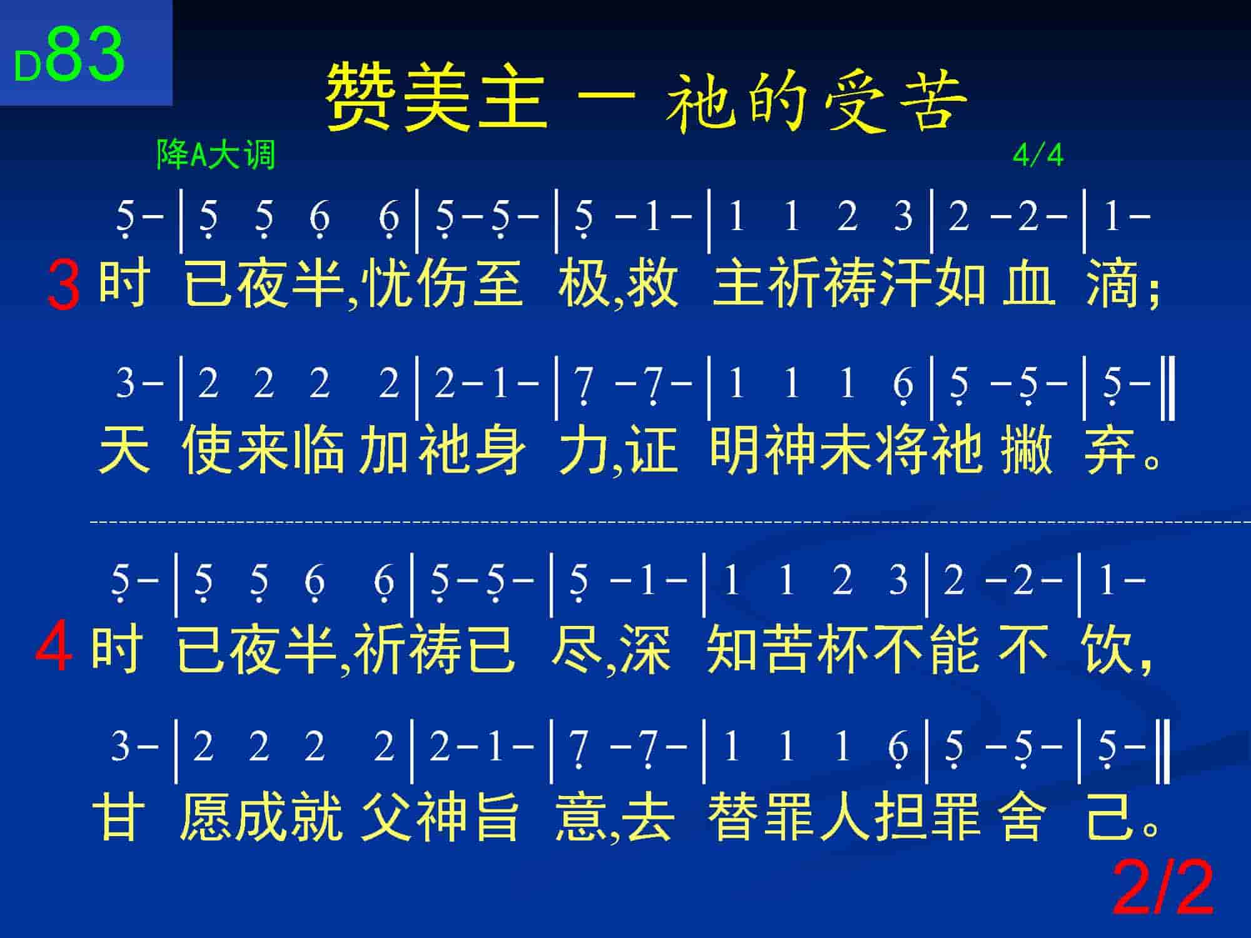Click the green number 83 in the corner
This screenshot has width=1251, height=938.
click(x=86, y=55)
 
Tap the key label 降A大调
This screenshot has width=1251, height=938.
click(x=216, y=154)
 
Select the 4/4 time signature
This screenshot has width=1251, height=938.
click(x=1038, y=155)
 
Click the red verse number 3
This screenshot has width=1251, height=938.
click(x=64, y=286)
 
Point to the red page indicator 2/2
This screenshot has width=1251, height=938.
click(x=1163, y=888)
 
